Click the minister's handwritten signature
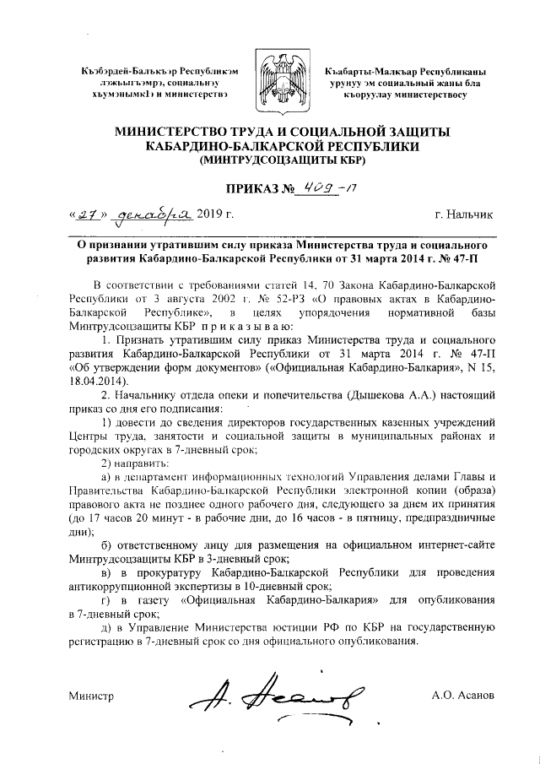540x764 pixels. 278,694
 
